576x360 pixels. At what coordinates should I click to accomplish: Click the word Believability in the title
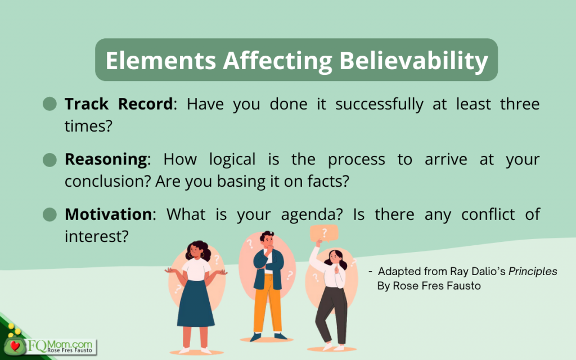(x=413, y=61)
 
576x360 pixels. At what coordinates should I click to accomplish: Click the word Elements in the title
(x=161, y=60)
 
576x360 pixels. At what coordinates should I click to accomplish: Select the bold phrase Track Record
(x=119, y=104)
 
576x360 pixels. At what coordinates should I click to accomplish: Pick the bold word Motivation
(x=109, y=214)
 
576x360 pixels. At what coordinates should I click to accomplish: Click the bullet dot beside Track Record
(x=49, y=104)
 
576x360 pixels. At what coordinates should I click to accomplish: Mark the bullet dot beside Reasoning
(x=49, y=160)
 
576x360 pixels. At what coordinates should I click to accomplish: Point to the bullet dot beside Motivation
(x=49, y=214)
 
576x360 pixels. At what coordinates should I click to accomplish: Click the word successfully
(x=379, y=105)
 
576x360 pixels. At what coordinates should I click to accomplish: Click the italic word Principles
(x=533, y=272)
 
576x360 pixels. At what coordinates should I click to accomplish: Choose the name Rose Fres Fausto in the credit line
(x=436, y=286)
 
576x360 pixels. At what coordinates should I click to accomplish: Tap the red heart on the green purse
(x=15, y=346)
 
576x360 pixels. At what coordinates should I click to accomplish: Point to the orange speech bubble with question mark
(x=324, y=233)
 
